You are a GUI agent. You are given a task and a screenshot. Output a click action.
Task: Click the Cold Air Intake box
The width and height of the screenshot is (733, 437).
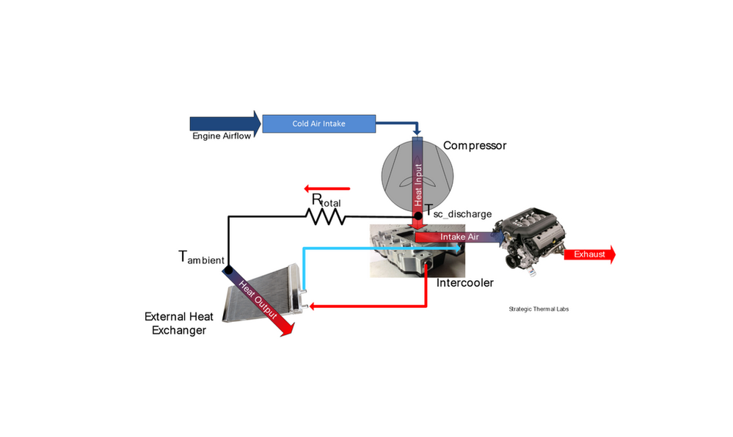coord(318,124)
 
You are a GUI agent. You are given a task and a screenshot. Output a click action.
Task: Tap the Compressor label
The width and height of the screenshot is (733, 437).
coord(475,146)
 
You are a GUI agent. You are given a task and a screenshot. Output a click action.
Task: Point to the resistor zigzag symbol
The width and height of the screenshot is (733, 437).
coord(326,216)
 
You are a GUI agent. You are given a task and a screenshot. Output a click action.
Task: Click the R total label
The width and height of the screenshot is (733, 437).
coord(326,200)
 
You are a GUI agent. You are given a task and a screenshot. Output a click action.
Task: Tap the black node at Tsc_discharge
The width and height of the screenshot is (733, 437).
coord(417,216)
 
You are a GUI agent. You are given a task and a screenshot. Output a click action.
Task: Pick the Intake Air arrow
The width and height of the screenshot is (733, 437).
coord(459,238)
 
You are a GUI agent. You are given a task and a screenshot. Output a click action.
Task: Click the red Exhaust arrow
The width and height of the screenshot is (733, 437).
coord(589,254)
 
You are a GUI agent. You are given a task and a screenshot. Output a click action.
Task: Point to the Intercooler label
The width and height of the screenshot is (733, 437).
coord(465,282)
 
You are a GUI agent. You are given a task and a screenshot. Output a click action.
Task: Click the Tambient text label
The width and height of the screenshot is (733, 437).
coord(202,257)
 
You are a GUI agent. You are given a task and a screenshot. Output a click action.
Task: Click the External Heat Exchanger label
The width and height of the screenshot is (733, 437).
coord(179,323)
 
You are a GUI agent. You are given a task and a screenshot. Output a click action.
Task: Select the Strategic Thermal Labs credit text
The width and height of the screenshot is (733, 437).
coord(538,309)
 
